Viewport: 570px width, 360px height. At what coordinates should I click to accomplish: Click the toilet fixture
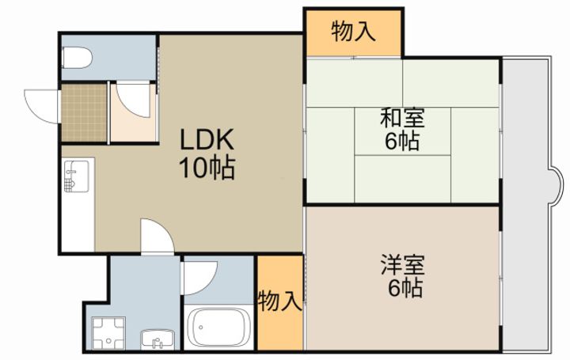(77, 58)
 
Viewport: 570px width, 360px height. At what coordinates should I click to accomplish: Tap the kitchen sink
(76, 176)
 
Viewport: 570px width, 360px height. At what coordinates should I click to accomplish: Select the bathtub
(218, 328)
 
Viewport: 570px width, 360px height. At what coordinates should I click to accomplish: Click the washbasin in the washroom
(158, 339)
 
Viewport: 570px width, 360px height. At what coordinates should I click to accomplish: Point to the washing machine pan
(108, 333)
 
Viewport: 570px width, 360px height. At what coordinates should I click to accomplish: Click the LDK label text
(207, 141)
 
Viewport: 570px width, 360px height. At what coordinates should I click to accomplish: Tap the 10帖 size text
(207, 168)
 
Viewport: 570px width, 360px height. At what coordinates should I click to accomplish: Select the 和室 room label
(402, 118)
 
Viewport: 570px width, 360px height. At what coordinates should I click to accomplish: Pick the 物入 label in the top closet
(353, 31)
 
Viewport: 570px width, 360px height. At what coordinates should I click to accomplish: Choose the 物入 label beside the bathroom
(280, 301)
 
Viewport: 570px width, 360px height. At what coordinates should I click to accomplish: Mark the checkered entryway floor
(85, 112)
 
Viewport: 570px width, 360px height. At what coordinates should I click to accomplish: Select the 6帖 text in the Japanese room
(402, 141)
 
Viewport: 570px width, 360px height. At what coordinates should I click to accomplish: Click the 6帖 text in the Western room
(405, 289)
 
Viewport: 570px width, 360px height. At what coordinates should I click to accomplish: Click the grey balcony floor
(526, 204)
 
